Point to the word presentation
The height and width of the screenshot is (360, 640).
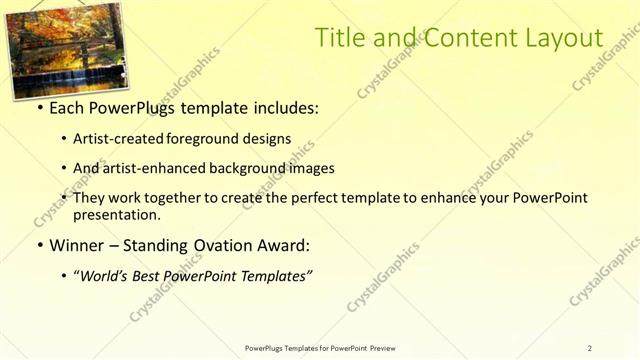[x=115, y=214]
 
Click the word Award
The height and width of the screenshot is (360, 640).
[x=284, y=245]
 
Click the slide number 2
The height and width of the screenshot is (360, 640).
[x=589, y=347]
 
